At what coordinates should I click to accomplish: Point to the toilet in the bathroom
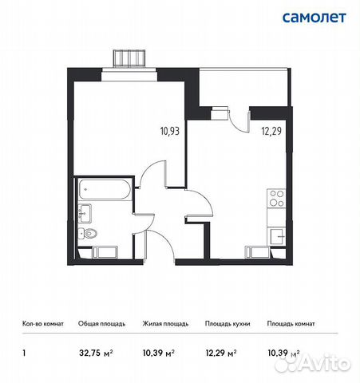click(89, 233)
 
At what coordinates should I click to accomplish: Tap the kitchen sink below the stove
click(276, 235)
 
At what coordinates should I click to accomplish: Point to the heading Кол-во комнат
click(40, 324)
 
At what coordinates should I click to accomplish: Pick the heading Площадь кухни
click(227, 324)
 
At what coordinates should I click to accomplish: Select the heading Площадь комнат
click(291, 324)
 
